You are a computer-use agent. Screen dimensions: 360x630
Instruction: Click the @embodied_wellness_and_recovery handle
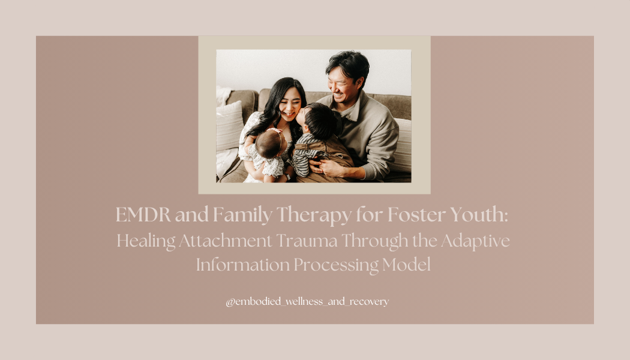[307, 302]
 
